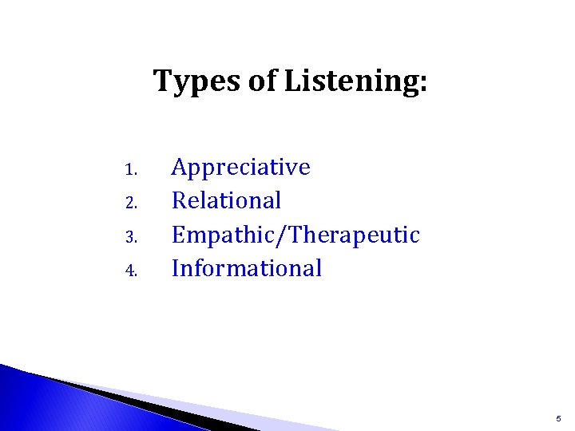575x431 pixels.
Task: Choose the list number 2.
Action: point(133,203)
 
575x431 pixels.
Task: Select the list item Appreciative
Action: point(241,168)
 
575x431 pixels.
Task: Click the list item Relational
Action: point(227,200)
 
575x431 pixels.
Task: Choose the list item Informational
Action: point(247,268)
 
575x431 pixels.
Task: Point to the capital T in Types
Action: point(162,81)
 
